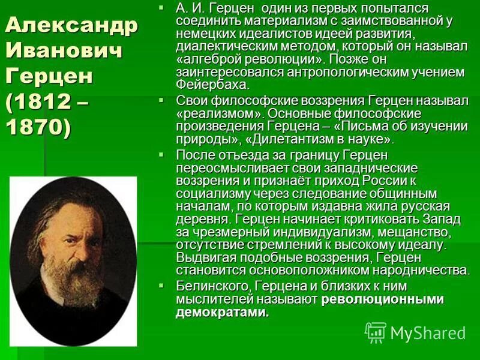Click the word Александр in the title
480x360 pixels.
pyautogui.click(x=71, y=26)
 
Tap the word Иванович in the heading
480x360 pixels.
pyautogui.click(x=64, y=51)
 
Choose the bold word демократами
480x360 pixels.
pyautogui.click(x=223, y=313)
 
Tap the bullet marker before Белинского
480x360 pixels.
pyautogui.click(x=161, y=285)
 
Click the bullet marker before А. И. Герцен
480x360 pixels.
pyautogui.click(x=161, y=8)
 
